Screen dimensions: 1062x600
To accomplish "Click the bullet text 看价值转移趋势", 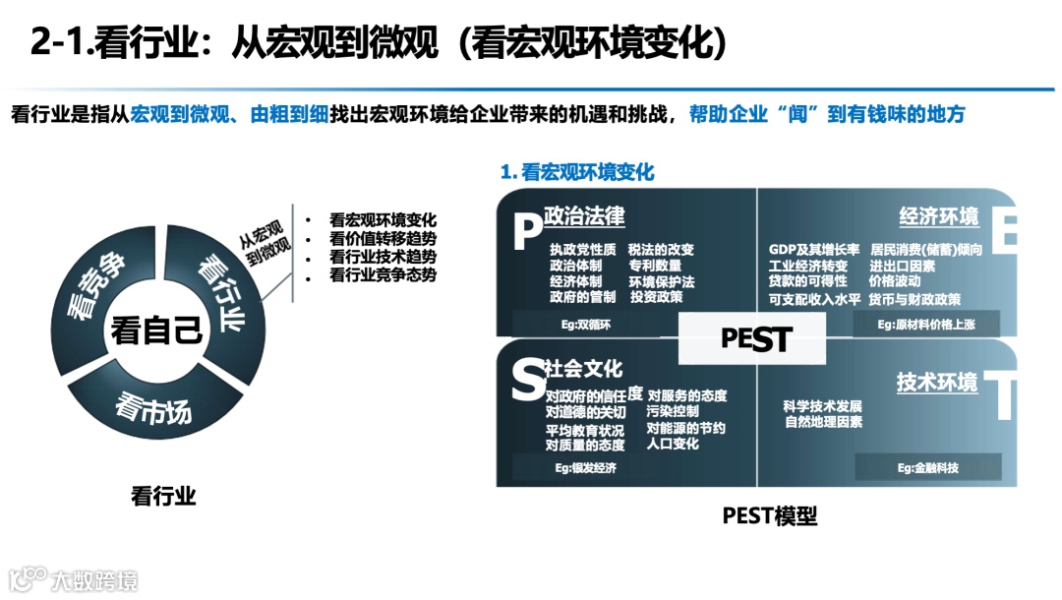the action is click(383, 239).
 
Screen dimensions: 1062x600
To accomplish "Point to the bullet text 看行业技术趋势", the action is click(383, 258).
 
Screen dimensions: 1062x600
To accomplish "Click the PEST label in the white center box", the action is click(755, 339).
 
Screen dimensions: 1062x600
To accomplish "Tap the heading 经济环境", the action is click(939, 216).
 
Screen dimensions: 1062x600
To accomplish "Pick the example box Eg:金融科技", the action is click(927, 467).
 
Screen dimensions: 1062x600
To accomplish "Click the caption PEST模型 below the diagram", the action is click(770, 516).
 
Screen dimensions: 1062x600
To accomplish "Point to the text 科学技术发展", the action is click(823, 406).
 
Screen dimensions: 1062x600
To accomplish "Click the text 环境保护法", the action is click(662, 281).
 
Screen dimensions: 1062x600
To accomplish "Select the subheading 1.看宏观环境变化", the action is click(577, 172).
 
